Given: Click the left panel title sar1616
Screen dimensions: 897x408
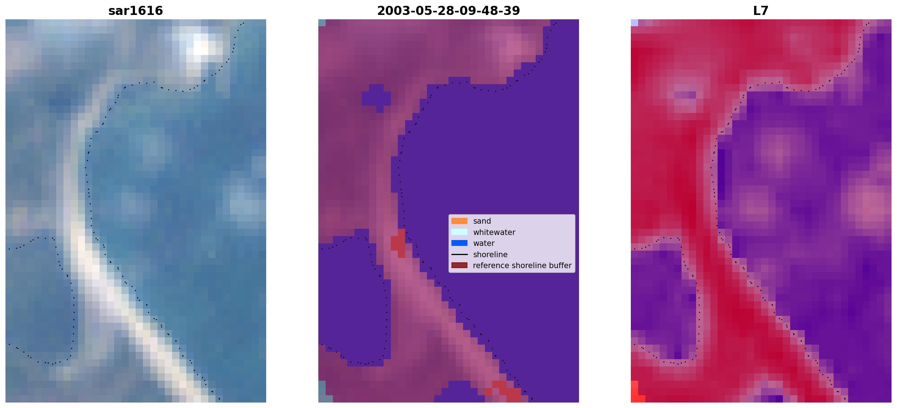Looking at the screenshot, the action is point(136,11).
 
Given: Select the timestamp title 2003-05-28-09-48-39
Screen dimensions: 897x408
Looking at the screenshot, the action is point(448,11).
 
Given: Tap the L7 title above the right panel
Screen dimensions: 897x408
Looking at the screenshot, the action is point(761,11).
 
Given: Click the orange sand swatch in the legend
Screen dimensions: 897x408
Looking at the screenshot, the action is point(459,221).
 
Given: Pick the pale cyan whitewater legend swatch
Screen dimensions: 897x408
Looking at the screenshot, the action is point(459,232).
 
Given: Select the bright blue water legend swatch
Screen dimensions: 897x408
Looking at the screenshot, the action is point(459,243).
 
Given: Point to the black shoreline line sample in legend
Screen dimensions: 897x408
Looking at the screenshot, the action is point(459,254).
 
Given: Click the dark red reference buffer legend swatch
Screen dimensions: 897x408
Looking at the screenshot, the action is point(459,265).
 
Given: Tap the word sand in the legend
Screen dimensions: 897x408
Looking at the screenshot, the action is point(482,221).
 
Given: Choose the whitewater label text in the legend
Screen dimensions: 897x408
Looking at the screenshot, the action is point(494,232).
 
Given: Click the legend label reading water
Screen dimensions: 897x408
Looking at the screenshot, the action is point(484,243).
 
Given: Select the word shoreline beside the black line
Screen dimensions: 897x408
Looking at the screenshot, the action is point(490,255).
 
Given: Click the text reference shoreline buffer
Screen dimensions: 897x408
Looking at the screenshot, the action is point(522,266).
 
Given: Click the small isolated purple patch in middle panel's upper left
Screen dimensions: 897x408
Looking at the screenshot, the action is point(376,97).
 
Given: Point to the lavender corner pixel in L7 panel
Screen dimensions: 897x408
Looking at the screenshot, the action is point(634,23).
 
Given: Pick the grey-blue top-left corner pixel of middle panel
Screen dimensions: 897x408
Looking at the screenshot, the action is point(322,23).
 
